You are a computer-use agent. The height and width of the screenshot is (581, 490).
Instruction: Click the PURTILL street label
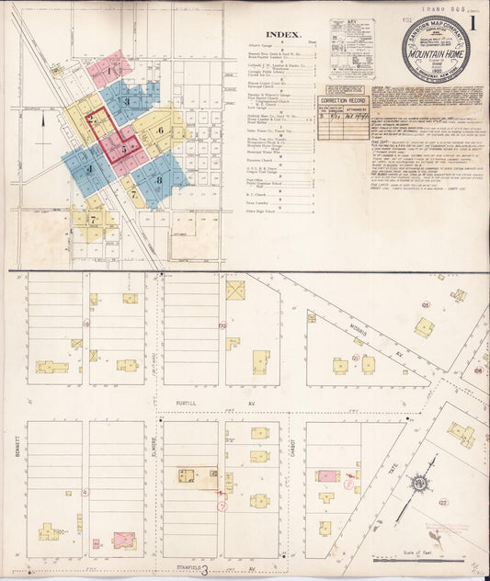click(x=189, y=403)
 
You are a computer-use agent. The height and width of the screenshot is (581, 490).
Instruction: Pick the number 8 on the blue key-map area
click(x=158, y=179)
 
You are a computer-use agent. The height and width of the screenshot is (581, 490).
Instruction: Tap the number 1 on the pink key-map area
click(x=109, y=69)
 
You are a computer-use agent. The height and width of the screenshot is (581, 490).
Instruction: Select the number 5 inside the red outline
click(x=125, y=145)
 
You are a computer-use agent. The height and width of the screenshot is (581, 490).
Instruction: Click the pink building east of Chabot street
click(x=327, y=477)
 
